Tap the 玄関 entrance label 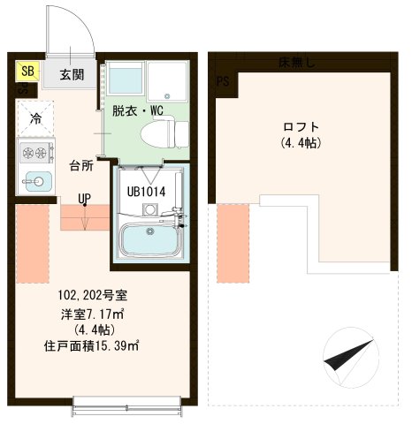tap(72, 75)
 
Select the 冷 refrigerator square tap(35, 118)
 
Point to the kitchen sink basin tap(36, 182)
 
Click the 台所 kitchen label tap(82, 164)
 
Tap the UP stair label tap(84, 199)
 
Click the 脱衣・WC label tap(137, 110)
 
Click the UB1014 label tap(145, 190)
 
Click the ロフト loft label tap(301, 126)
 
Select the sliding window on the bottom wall tap(129, 409)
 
